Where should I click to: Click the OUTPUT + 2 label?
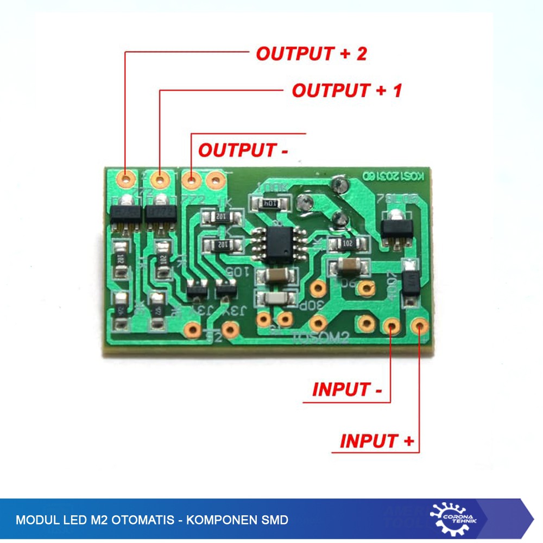tap(312, 54)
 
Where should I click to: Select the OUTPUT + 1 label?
tap(347, 90)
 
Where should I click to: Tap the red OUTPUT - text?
tap(243, 150)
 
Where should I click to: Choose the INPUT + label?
tap(376, 441)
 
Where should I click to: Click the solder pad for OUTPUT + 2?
tap(127, 178)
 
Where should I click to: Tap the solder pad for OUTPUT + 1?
tap(160, 178)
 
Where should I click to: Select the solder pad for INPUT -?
tap(392, 326)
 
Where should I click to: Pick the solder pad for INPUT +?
tap(418, 326)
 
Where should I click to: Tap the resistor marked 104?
tap(270, 203)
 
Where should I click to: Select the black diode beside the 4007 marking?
tap(411, 281)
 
